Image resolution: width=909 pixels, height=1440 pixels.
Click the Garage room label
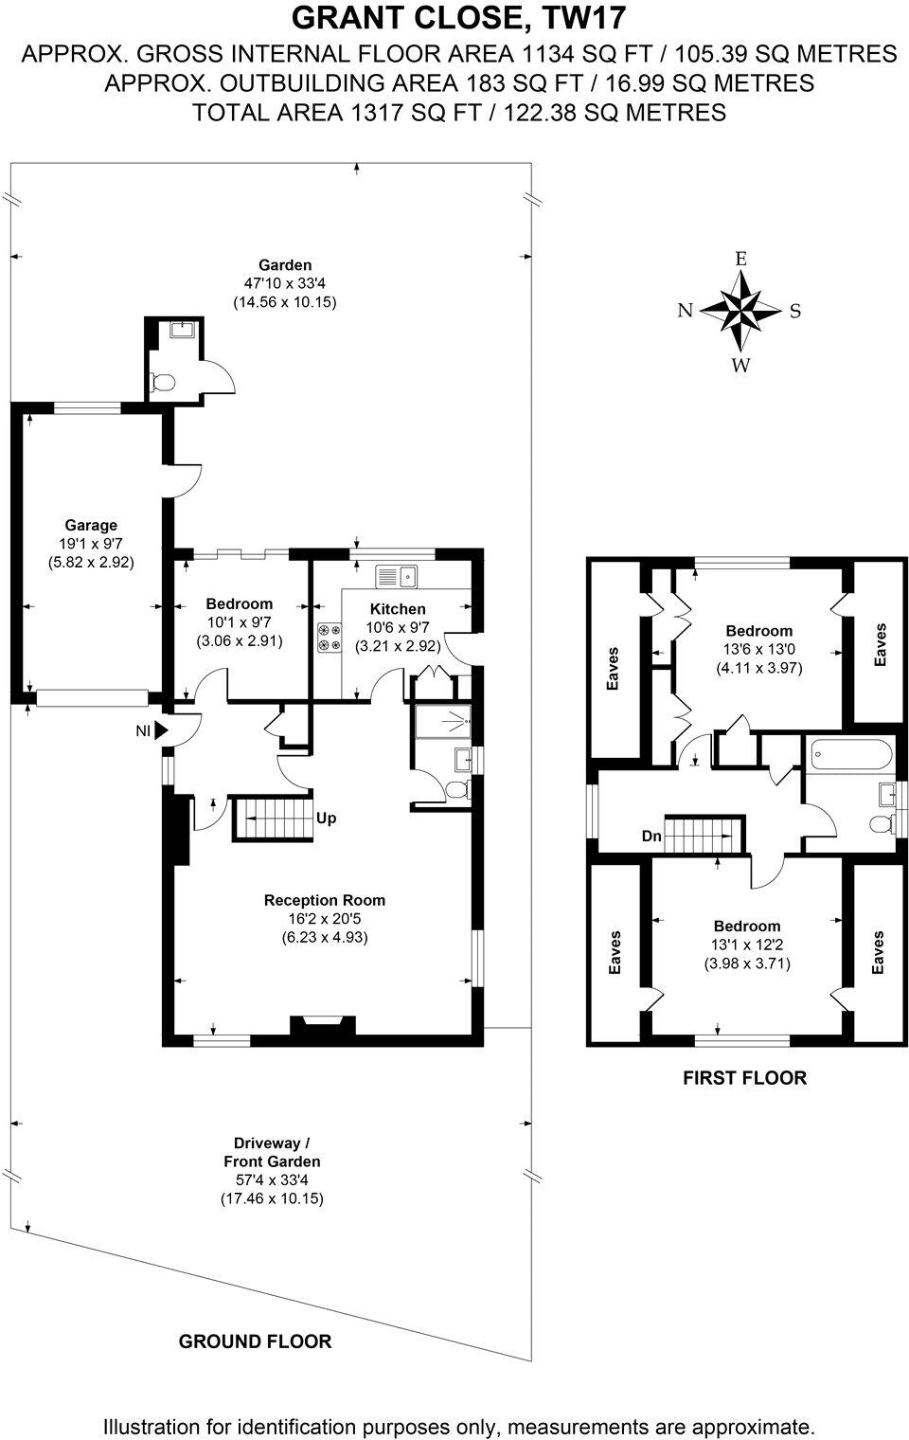click(91, 525)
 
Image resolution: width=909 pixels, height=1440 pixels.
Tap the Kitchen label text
click(398, 609)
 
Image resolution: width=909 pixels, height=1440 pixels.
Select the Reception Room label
click(325, 900)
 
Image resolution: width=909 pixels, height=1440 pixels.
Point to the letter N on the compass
click(686, 311)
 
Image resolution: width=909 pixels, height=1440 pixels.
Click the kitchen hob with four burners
click(330, 636)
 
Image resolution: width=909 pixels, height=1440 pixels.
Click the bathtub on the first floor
click(851, 756)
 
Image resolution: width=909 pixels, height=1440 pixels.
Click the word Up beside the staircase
click(326, 818)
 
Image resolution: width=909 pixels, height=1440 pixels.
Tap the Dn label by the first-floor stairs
click(651, 837)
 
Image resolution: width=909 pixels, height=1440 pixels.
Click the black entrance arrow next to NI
click(161, 730)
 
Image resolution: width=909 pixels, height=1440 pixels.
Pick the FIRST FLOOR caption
click(744, 1077)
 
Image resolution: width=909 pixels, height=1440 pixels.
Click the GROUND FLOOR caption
click(255, 1341)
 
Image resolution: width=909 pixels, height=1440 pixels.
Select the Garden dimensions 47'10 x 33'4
click(285, 283)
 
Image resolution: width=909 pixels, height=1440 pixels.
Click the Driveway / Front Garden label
click(272, 1152)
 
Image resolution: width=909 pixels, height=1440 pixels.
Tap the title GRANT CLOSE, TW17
click(458, 19)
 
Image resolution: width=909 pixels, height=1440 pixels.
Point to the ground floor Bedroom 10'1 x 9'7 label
click(240, 603)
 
